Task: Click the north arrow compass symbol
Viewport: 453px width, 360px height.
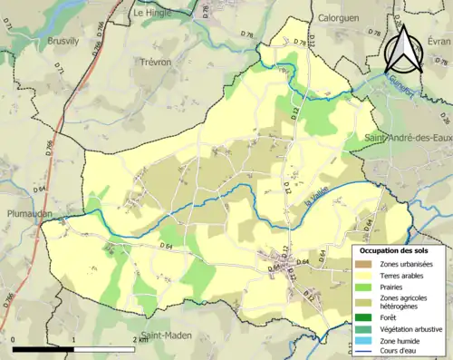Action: point(405,48)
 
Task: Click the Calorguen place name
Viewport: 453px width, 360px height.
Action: point(340,17)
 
